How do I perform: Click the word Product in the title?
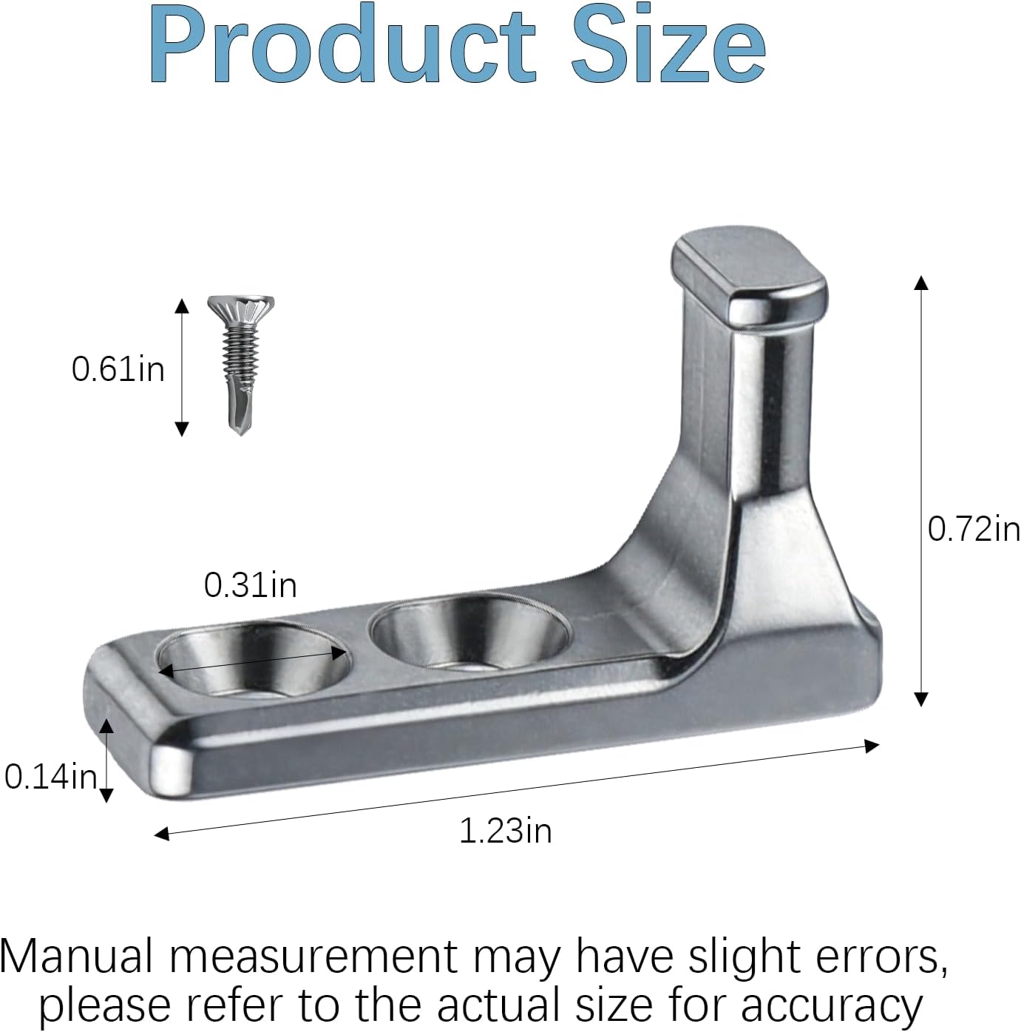[342, 44]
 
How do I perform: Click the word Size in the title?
[668, 44]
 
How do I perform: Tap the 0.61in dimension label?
[118, 370]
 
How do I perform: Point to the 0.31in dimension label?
[250, 585]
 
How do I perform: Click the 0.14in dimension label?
[51, 777]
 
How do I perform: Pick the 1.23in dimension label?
[506, 831]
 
